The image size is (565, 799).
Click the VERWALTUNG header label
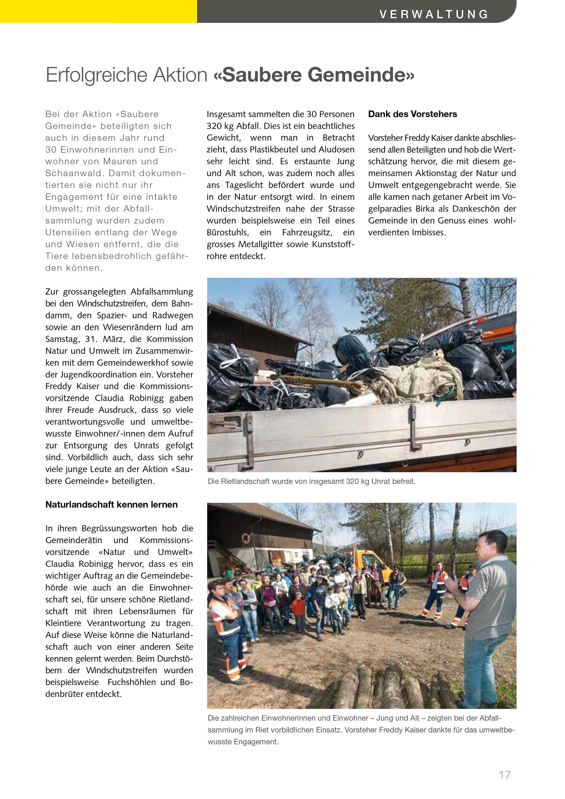pyautogui.click(x=433, y=14)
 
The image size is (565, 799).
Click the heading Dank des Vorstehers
pyautogui.click(x=412, y=114)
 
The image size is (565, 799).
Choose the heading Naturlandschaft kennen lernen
pyautogui.click(x=111, y=505)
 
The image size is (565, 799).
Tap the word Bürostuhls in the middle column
pyautogui.click(x=227, y=232)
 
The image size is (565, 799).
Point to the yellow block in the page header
pyautogui.click(x=99, y=11)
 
